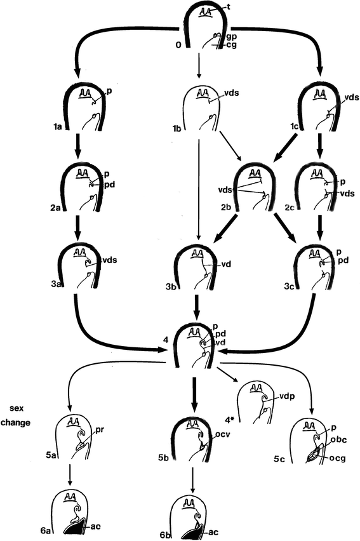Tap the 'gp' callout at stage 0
point(230,38)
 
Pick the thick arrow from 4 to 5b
point(194,394)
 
